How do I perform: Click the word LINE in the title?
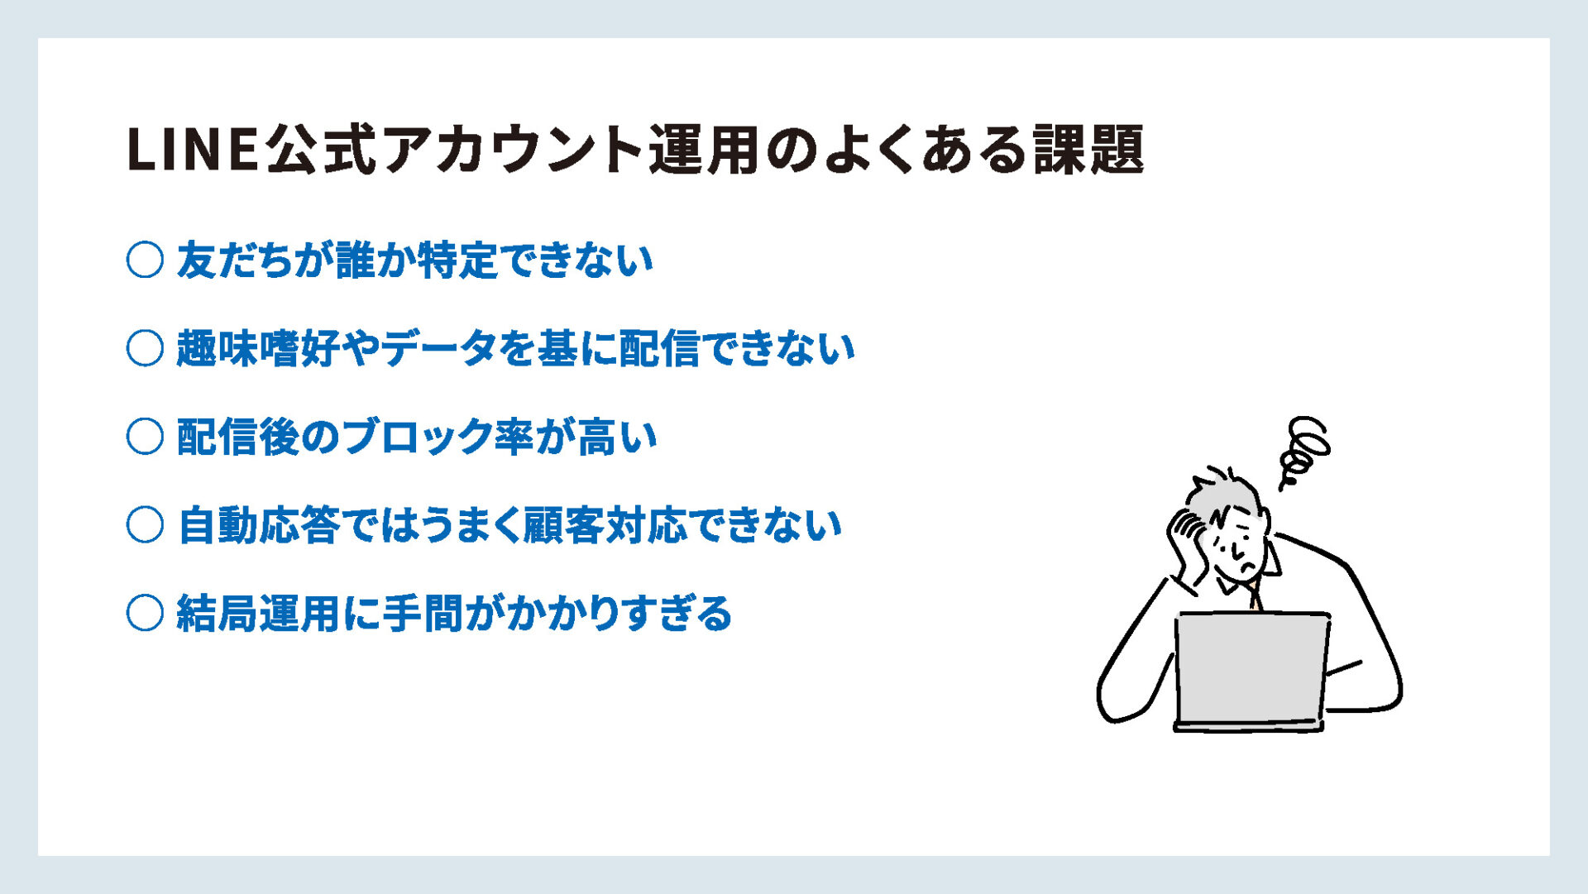pos(194,150)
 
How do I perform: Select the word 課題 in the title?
pos(1089,150)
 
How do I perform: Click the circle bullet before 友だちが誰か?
pos(145,260)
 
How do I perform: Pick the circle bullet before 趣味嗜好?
pos(145,348)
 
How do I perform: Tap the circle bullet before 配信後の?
pos(145,437)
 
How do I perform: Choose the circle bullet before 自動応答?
pos(145,525)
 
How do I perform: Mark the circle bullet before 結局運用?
pos(145,613)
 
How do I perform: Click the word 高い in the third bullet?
pos(616,437)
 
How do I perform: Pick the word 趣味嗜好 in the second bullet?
pos(258,348)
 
